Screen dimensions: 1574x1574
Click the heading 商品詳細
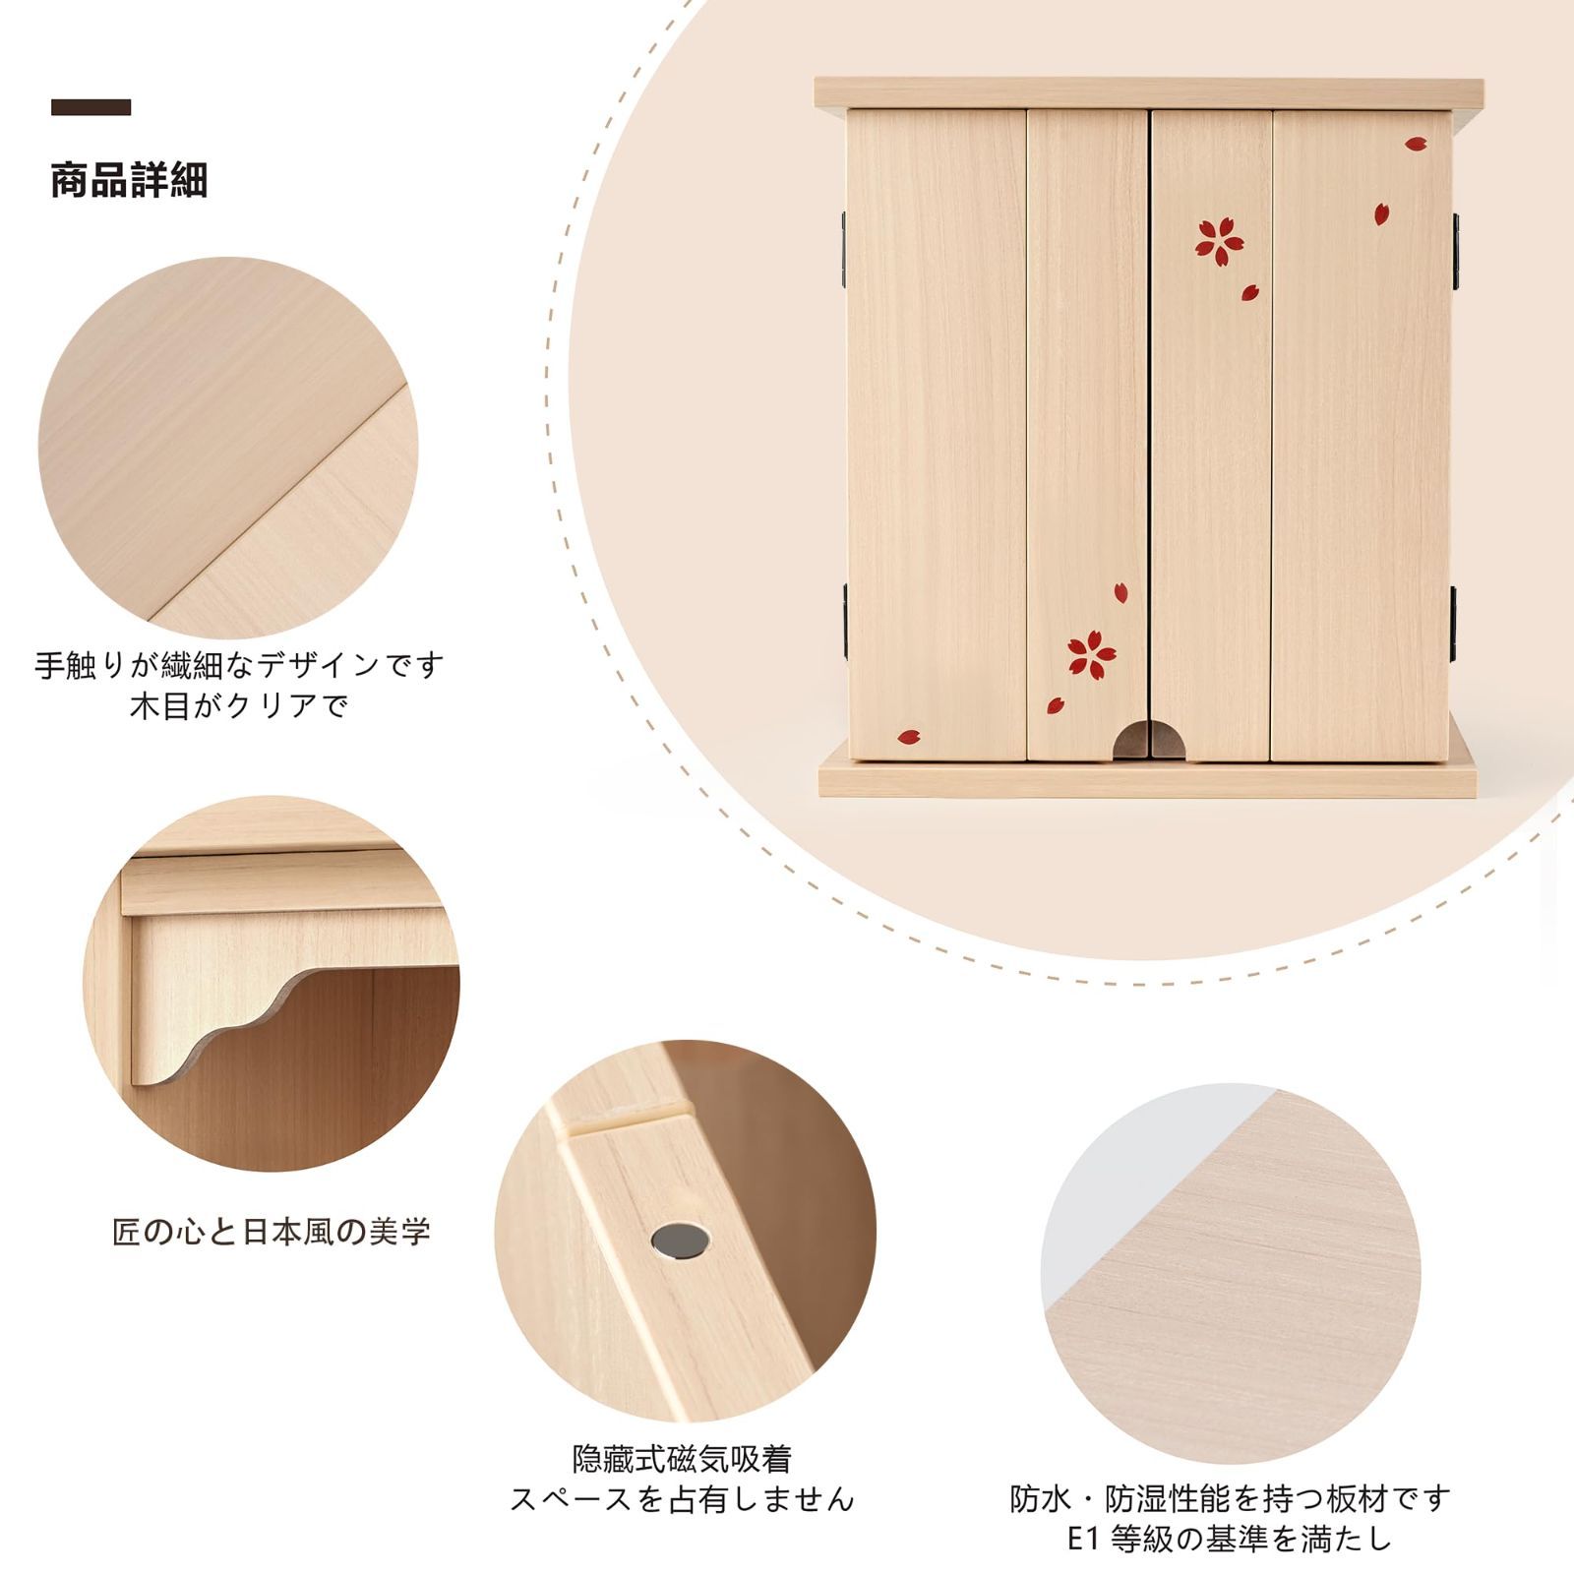129,181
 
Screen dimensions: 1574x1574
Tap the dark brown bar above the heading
91,107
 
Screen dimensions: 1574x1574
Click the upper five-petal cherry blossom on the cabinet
1219,240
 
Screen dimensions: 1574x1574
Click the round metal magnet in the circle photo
680,1241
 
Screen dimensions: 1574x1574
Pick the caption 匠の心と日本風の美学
272,1232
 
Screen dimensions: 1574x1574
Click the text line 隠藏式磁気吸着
682,1458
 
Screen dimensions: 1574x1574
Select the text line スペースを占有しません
682,1499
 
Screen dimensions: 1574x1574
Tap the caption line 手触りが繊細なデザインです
239,665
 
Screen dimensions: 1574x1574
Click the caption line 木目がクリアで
239,705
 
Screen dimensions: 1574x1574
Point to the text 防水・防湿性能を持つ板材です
1231,1499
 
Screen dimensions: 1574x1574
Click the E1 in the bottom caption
1082,1540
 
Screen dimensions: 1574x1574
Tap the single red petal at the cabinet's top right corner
1415,144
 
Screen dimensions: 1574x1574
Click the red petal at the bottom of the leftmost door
908,736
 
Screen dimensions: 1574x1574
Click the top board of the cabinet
1148,93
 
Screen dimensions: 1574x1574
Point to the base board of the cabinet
1148,779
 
